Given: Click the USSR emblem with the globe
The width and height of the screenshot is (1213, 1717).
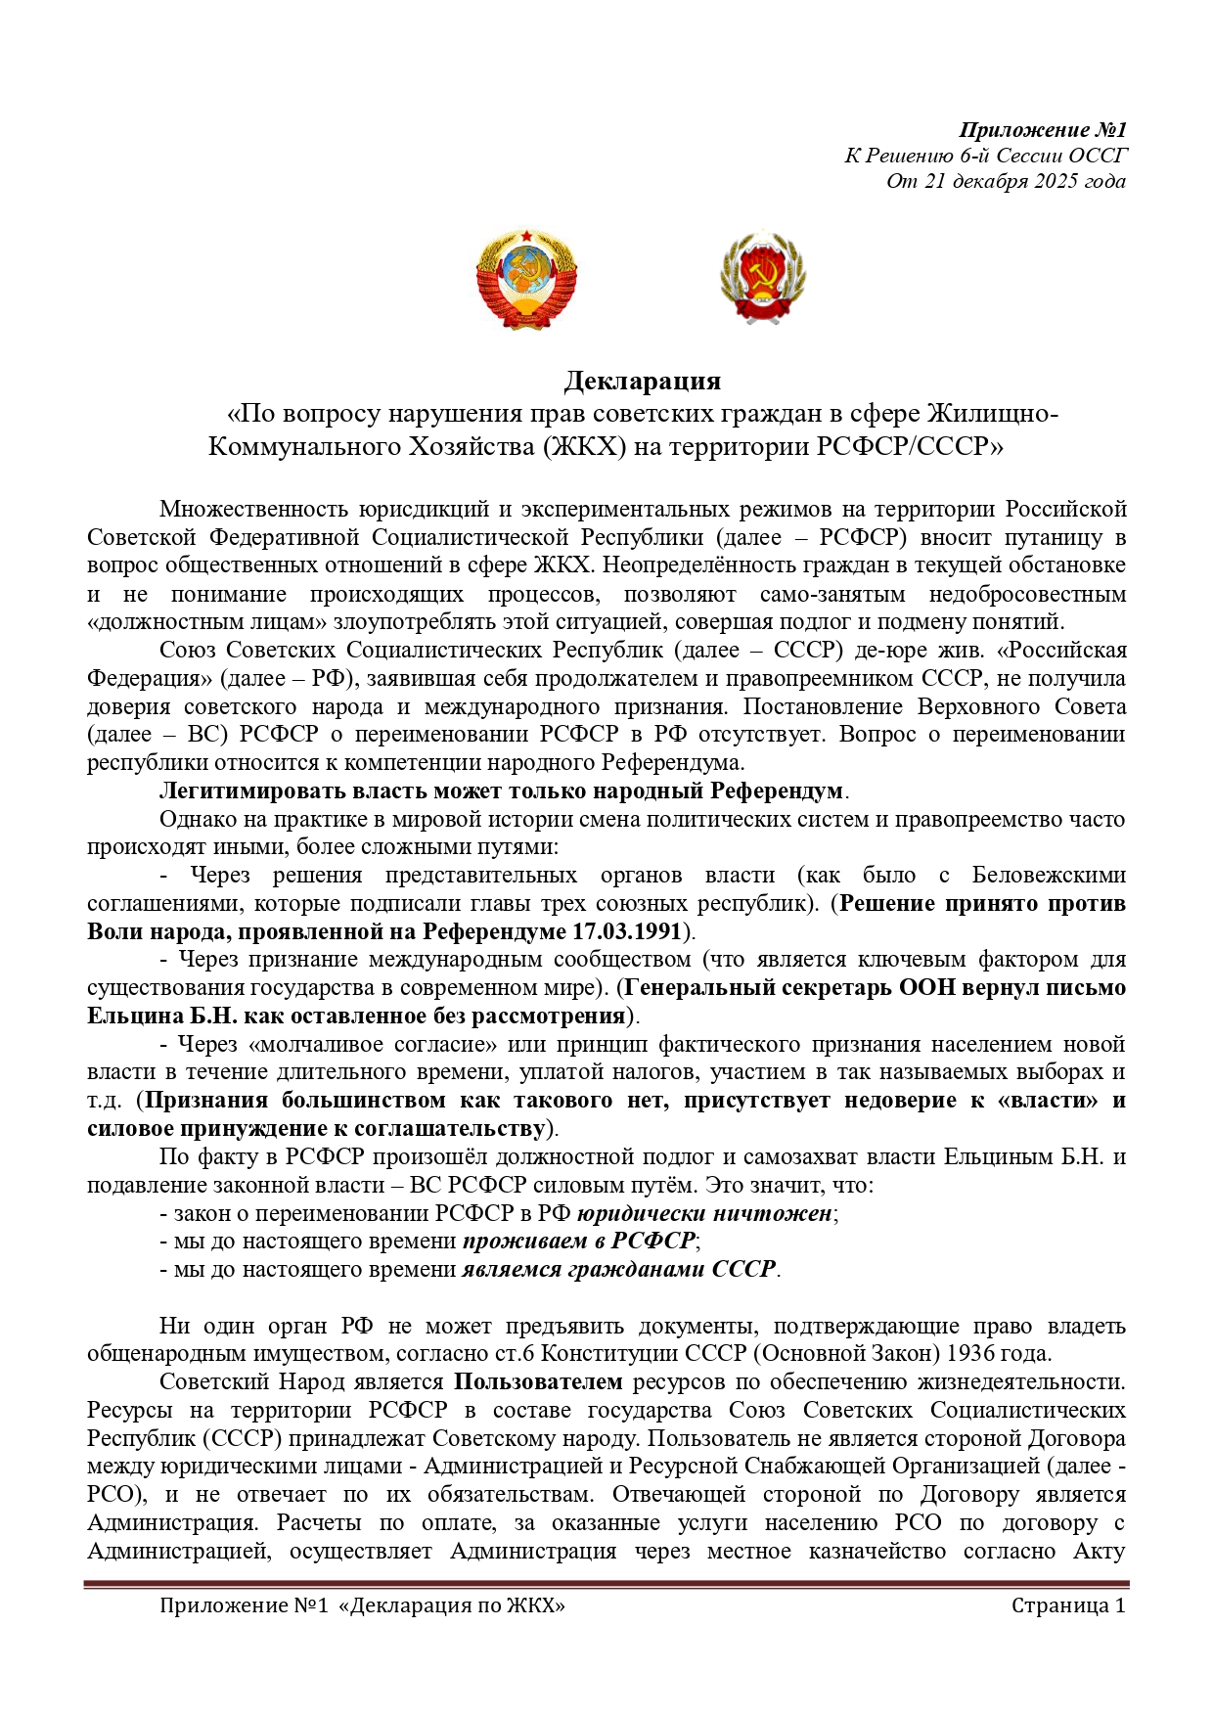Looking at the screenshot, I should tap(526, 280).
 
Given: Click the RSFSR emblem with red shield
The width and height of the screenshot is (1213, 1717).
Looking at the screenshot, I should tap(763, 278).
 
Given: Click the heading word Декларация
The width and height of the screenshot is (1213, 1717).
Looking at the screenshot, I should tap(643, 381).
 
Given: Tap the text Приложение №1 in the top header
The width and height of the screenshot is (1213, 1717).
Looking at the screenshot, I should tap(1043, 130).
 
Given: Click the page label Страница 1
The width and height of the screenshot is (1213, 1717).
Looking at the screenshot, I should tap(1068, 1605).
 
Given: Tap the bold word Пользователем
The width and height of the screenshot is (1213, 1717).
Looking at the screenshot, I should tap(538, 1381).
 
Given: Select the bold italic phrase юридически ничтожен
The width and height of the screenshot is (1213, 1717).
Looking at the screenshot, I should tap(704, 1213).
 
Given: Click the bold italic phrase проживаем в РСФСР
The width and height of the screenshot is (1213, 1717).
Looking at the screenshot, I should tap(579, 1242).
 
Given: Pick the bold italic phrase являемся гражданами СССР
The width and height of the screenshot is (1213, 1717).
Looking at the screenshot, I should tap(619, 1270).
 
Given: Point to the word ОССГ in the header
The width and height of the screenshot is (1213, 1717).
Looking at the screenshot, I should tap(1099, 156).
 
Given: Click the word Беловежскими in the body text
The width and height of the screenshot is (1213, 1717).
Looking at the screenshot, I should tap(1049, 875).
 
